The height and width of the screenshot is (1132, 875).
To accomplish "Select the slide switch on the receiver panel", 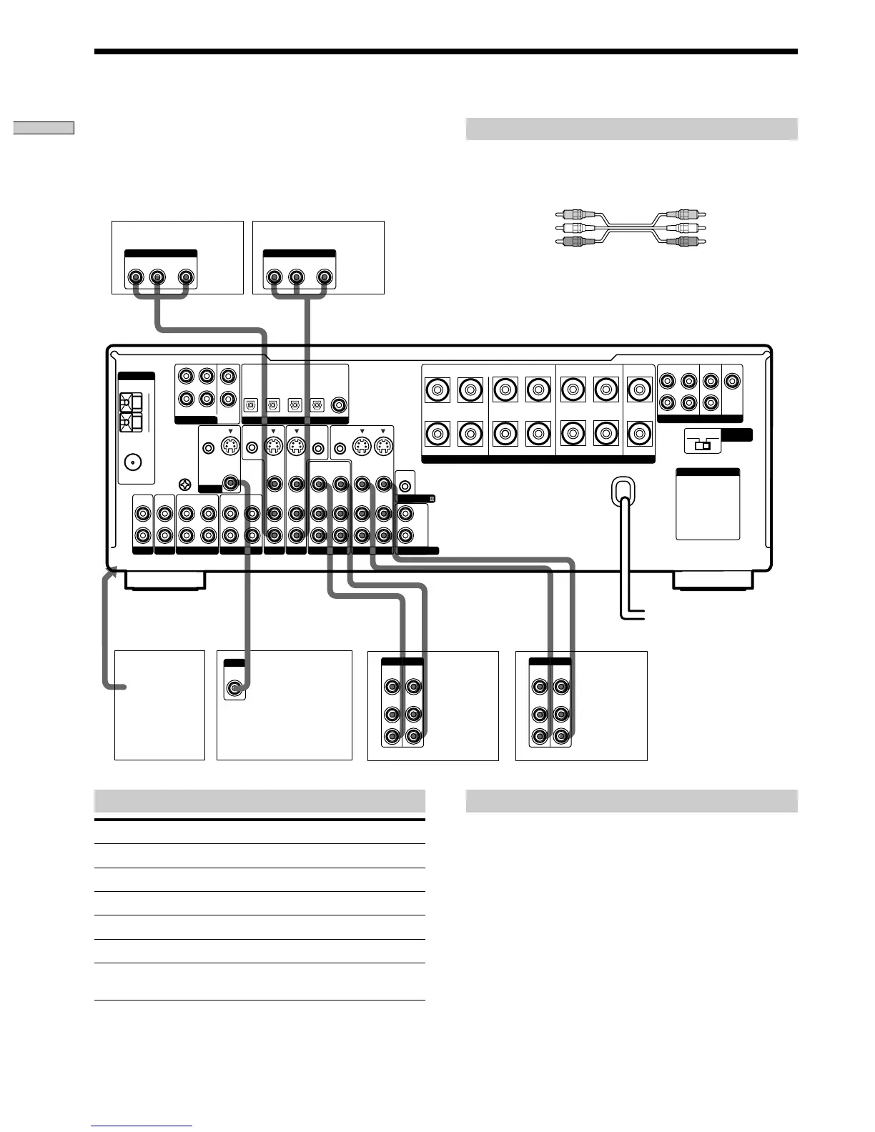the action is click(x=703, y=445).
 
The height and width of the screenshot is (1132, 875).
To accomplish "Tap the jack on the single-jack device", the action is click(x=234, y=689).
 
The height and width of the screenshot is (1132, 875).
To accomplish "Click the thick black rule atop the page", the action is click(x=445, y=51).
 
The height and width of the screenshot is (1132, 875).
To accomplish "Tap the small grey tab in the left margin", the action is click(x=44, y=128).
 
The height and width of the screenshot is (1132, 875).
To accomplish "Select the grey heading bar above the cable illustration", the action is click(x=631, y=129).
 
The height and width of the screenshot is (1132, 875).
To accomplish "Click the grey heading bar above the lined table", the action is click(x=259, y=800).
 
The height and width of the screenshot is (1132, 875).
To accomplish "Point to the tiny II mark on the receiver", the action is click(x=431, y=499).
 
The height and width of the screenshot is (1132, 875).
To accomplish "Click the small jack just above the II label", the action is click(x=405, y=486).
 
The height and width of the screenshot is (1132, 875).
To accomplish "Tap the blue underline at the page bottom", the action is click(x=142, y=1126).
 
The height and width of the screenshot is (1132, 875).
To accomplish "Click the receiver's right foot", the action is click(x=712, y=580).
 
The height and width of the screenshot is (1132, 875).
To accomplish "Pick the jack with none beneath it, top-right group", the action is click(x=732, y=381).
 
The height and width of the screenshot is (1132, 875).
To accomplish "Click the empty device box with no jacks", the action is click(x=159, y=705).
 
